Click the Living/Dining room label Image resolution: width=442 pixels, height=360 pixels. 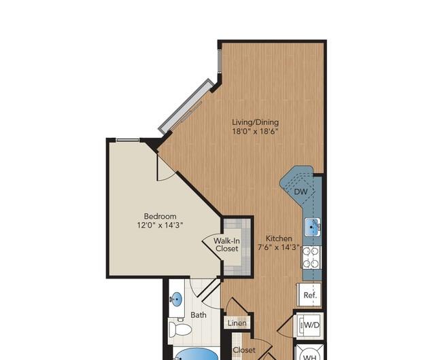256,122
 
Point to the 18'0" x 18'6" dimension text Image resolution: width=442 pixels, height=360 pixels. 255,131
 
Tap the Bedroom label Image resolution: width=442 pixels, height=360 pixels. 160,216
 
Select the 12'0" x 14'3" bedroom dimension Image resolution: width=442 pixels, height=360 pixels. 160,225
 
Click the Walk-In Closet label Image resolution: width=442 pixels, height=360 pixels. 226,245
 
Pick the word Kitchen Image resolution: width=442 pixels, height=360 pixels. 279,238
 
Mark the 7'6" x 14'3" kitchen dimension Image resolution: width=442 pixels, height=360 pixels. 279,247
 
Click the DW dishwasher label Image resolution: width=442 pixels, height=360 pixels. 301,192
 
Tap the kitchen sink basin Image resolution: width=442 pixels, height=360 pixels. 311,227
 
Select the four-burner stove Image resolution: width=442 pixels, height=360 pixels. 311,257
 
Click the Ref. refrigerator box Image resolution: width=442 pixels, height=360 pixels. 310,294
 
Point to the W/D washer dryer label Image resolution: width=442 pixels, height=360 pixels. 312,325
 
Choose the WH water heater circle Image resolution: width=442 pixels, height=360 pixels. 309,355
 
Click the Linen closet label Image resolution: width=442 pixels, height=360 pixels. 237,323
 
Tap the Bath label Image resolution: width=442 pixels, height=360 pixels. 199,314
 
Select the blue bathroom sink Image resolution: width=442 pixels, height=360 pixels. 177,299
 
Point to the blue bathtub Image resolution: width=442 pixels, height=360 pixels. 197,354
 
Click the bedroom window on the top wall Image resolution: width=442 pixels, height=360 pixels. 128,140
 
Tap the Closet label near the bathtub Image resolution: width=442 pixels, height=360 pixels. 244,350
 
